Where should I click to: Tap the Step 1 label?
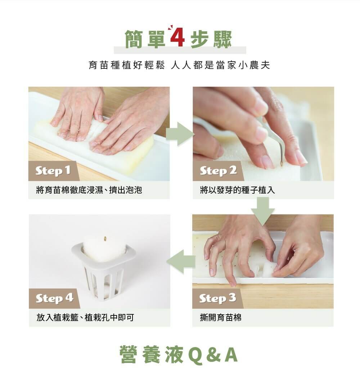coord(53,171)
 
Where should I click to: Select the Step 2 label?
coord(218,171)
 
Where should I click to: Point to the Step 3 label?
coord(217,298)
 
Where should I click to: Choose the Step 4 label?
coord(54,298)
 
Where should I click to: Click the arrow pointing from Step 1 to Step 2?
coord(180,134)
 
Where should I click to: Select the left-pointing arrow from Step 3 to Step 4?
coord(181,261)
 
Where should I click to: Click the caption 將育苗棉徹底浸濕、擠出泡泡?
coord(89,190)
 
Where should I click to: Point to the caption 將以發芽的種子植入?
coord(237,190)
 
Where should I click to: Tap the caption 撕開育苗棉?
coord(221,318)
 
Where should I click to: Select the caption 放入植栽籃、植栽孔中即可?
coord(85,318)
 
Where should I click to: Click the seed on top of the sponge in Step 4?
coord(105,239)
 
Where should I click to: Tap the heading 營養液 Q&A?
coord(179,354)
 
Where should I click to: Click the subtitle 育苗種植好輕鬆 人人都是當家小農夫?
coord(179,65)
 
